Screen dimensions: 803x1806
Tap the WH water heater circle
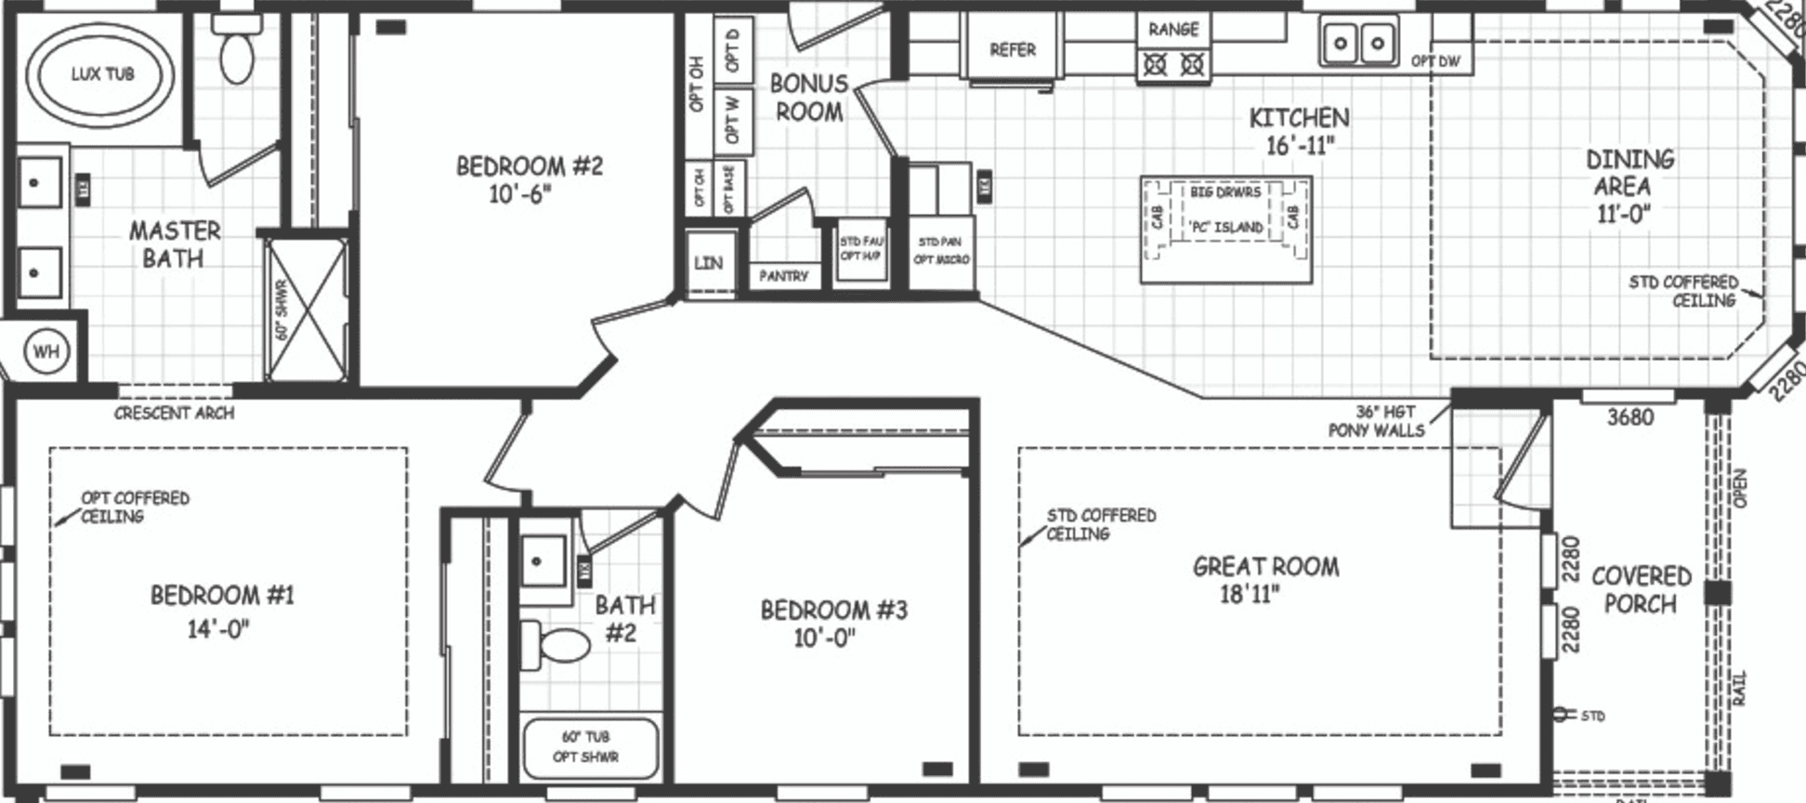(x=46, y=351)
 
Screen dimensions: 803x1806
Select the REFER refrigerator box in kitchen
(x=1012, y=49)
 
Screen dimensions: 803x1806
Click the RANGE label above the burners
(x=1173, y=30)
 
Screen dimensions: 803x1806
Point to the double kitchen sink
(x=1358, y=43)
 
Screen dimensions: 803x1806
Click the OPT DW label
(x=1435, y=61)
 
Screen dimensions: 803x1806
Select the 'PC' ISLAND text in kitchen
(x=1225, y=227)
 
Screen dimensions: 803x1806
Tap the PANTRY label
(x=783, y=276)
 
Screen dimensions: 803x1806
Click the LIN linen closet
(x=708, y=263)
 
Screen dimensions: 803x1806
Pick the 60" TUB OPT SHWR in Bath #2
(x=586, y=747)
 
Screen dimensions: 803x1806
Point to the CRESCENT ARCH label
(x=174, y=413)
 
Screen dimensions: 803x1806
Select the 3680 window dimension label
(x=1630, y=417)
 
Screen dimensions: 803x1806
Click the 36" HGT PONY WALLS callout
(x=1376, y=421)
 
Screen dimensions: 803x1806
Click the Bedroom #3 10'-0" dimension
(x=824, y=638)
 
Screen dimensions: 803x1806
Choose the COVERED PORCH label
(x=1641, y=590)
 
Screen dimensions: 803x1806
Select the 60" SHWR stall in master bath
(x=306, y=309)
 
